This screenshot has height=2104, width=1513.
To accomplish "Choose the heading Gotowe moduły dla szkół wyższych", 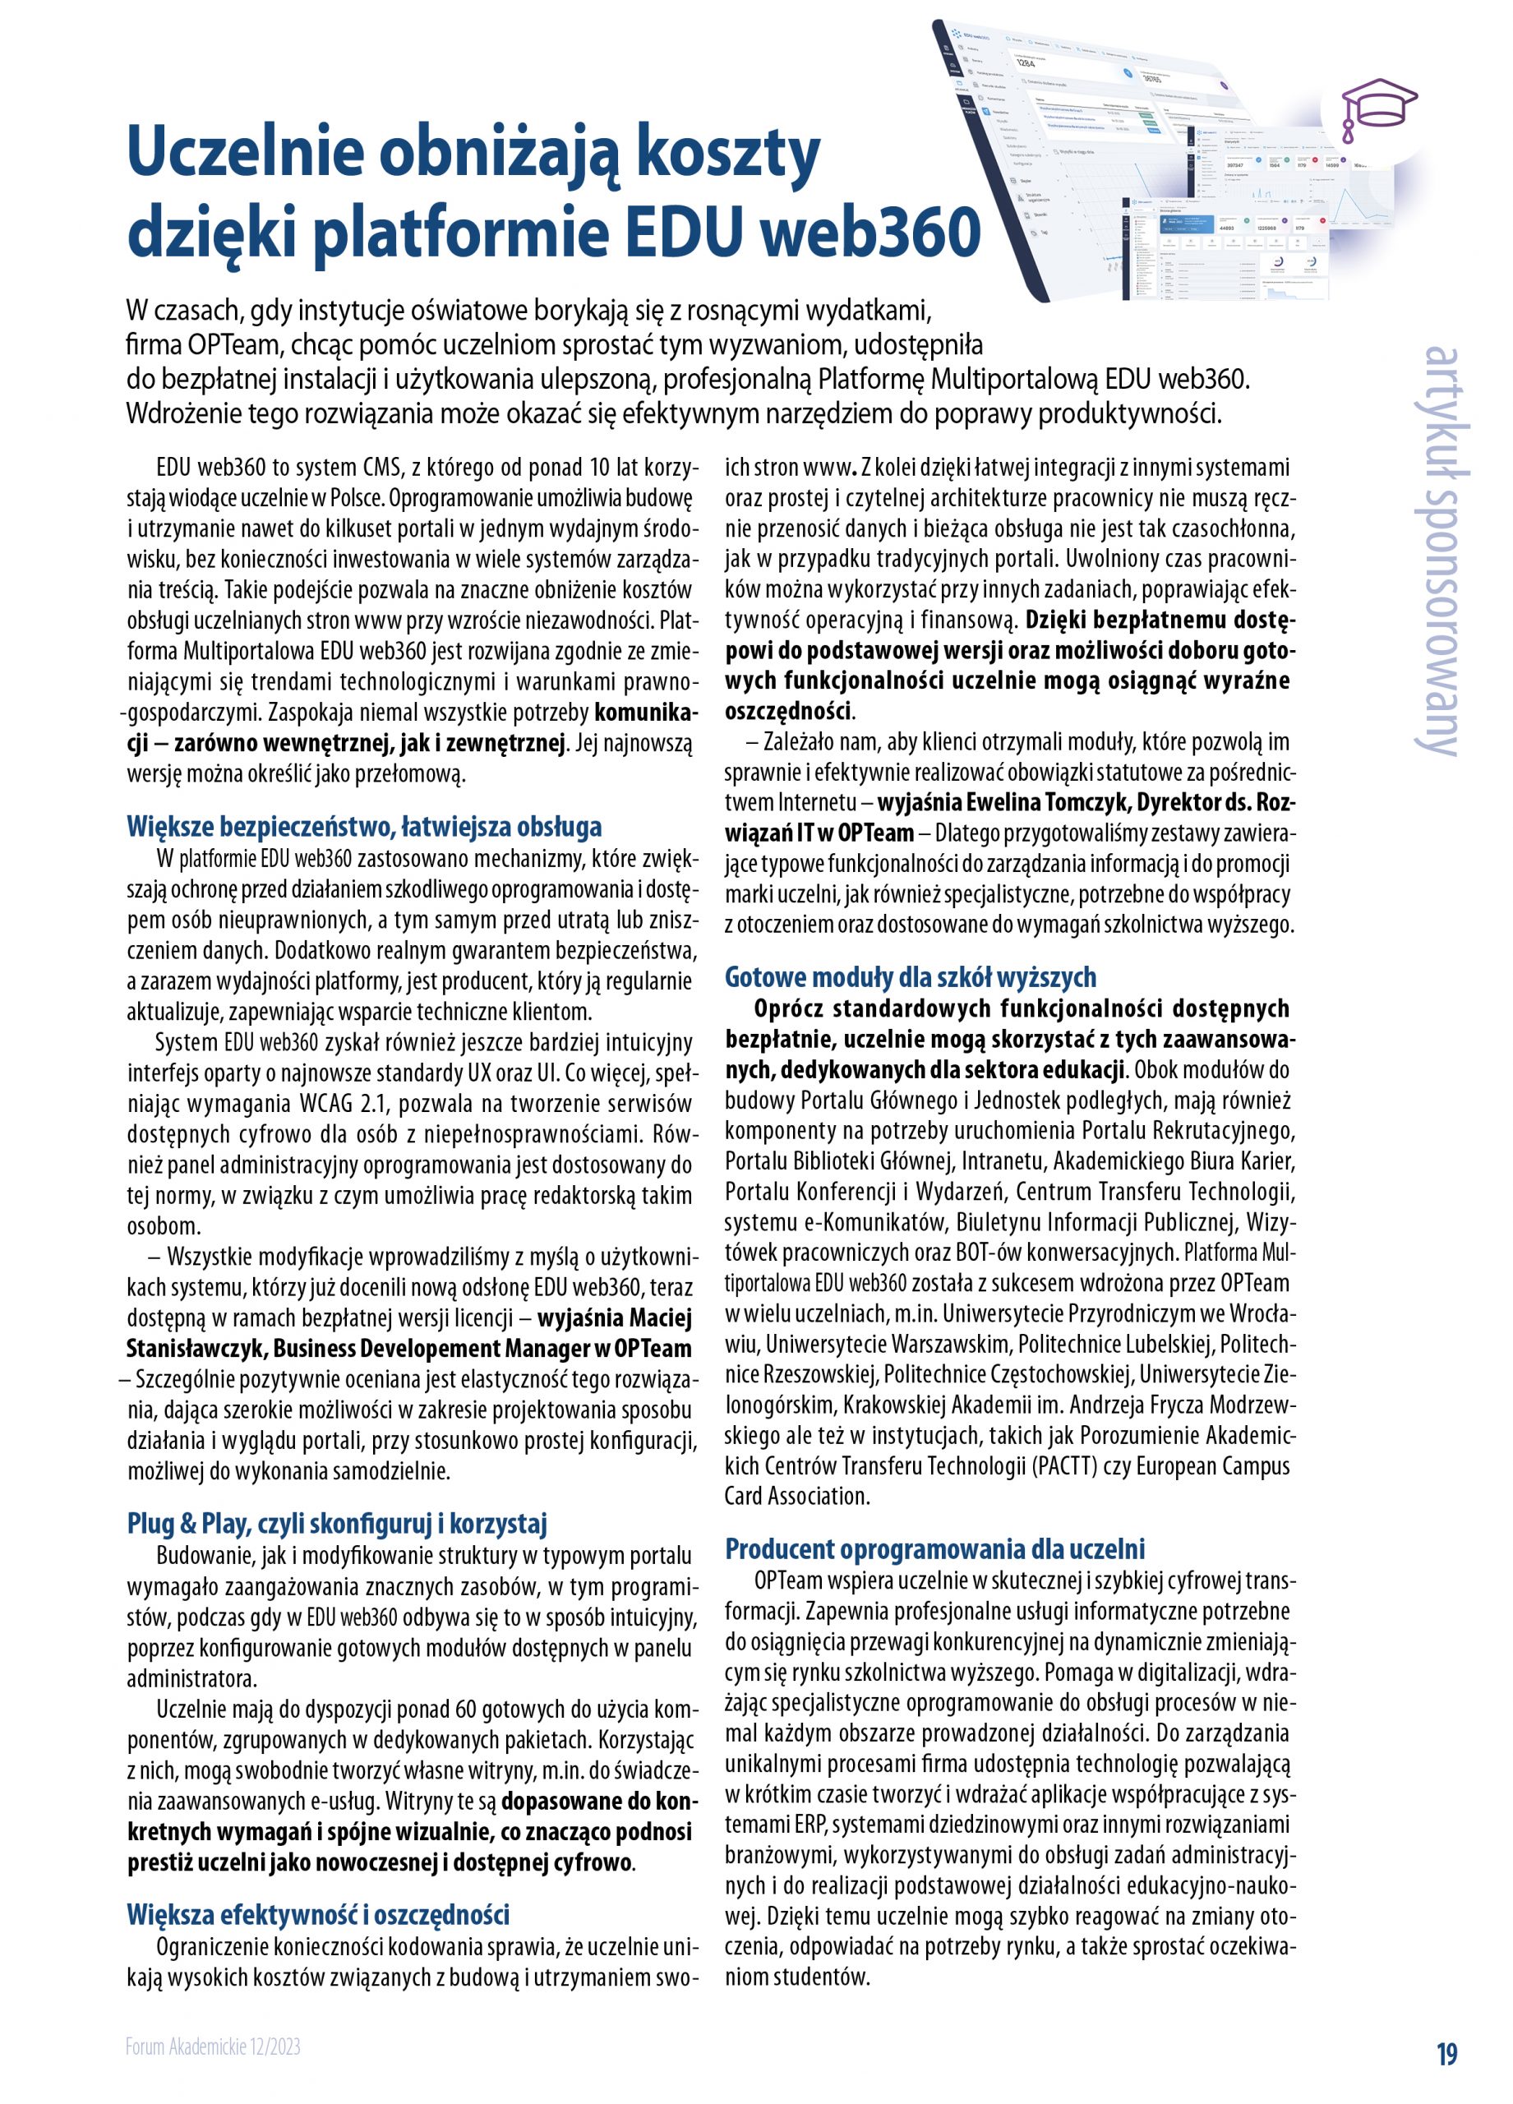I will pyautogui.click(x=910, y=977).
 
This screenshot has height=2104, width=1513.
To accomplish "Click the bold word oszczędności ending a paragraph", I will pyautogui.click(x=787, y=712).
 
